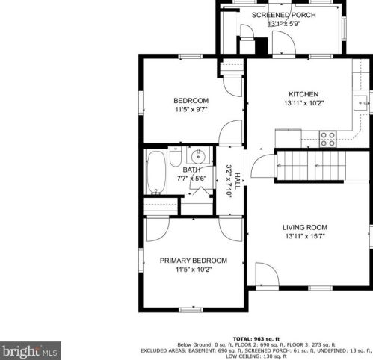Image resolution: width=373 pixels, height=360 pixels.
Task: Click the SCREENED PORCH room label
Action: pyautogui.click(x=283, y=15)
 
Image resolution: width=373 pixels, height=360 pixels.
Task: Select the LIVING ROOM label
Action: pyautogui.click(x=304, y=227)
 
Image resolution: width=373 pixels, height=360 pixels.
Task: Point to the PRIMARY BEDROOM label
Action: pyautogui.click(x=193, y=261)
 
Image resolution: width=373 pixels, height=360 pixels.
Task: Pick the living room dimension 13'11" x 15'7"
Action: pyautogui.click(x=304, y=237)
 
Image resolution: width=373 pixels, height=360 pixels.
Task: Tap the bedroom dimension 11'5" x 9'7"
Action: pyautogui.click(x=191, y=110)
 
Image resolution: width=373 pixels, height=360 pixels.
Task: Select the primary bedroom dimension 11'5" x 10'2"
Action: pyautogui.click(x=193, y=270)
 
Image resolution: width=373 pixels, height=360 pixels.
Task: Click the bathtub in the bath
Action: pyautogui.click(x=157, y=172)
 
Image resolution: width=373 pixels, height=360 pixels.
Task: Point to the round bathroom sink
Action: pyautogui.click(x=197, y=157)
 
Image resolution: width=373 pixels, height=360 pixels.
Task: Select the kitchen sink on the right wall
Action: pyautogui.click(x=362, y=102)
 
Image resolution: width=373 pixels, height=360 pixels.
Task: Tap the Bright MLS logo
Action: pyautogui.click(x=31, y=349)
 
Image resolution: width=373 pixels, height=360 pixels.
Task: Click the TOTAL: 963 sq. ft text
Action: pyautogui.click(x=253, y=338)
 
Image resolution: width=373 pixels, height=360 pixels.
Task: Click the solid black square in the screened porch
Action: pyautogui.click(x=262, y=46)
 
